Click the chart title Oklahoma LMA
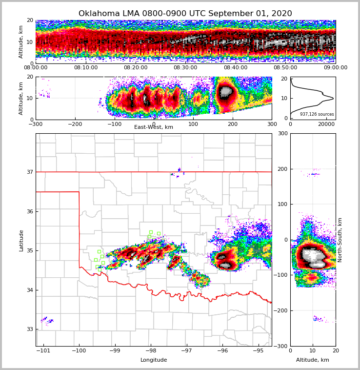185,14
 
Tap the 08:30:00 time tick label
185,68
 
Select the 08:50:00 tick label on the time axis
285,68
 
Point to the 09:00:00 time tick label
335,68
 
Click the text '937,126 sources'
317,114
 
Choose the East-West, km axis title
154,127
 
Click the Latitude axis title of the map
21,240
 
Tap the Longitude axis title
154,360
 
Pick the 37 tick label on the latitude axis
30,172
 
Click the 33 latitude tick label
30,329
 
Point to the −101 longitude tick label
44,350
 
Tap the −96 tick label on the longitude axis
222,350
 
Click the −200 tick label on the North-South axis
280,311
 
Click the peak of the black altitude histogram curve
333,99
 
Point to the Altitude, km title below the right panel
313,360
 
